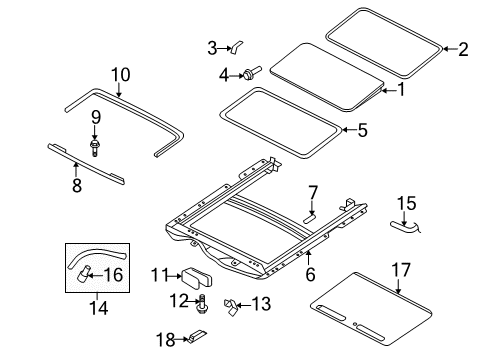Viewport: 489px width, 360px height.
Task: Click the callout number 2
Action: pos(463,49)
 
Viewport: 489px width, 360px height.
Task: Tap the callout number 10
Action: pos(120,75)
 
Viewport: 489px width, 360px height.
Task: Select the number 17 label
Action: pos(401,270)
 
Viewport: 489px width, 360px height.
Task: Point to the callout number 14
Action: pos(99,308)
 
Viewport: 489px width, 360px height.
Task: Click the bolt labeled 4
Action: pos(252,73)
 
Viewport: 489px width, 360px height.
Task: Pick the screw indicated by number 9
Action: pos(95,148)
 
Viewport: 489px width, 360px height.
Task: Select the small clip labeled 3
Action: pos(236,47)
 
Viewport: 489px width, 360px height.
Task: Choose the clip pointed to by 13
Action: pos(231,307)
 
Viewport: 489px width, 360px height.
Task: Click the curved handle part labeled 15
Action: pos(404,227)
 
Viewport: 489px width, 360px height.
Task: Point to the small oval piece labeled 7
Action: pos(309,218)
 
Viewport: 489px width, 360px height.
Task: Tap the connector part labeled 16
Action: pos(83,273)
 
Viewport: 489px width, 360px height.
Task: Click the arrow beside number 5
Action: pos(349,130)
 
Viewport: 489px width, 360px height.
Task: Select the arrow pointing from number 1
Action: pos(388,90)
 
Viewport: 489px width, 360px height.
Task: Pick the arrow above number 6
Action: pos(309,258)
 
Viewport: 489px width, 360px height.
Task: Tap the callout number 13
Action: pos(261,304)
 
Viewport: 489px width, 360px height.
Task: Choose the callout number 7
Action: pos(313,193)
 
